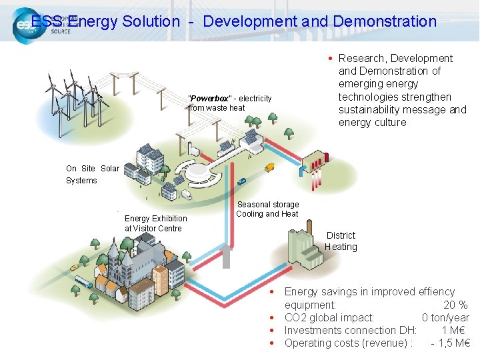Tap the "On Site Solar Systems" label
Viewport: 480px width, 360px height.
coord(92,175)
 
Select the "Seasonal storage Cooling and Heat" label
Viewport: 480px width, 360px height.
coord(267,209)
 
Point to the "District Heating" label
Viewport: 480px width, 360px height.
coord(341,241)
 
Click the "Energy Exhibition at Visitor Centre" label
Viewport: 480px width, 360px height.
coord(156,223)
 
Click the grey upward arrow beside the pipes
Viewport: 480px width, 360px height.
coord(227,256)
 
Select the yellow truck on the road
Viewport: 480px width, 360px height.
coord(269,167)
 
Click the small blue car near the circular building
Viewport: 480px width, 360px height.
coord(241,181)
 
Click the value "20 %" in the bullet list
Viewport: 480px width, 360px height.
coord(455,305)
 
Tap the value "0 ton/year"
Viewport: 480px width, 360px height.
coord(445,317)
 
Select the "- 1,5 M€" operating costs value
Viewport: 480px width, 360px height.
coord(451,343)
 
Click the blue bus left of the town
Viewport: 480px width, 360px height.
coord(83,282)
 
